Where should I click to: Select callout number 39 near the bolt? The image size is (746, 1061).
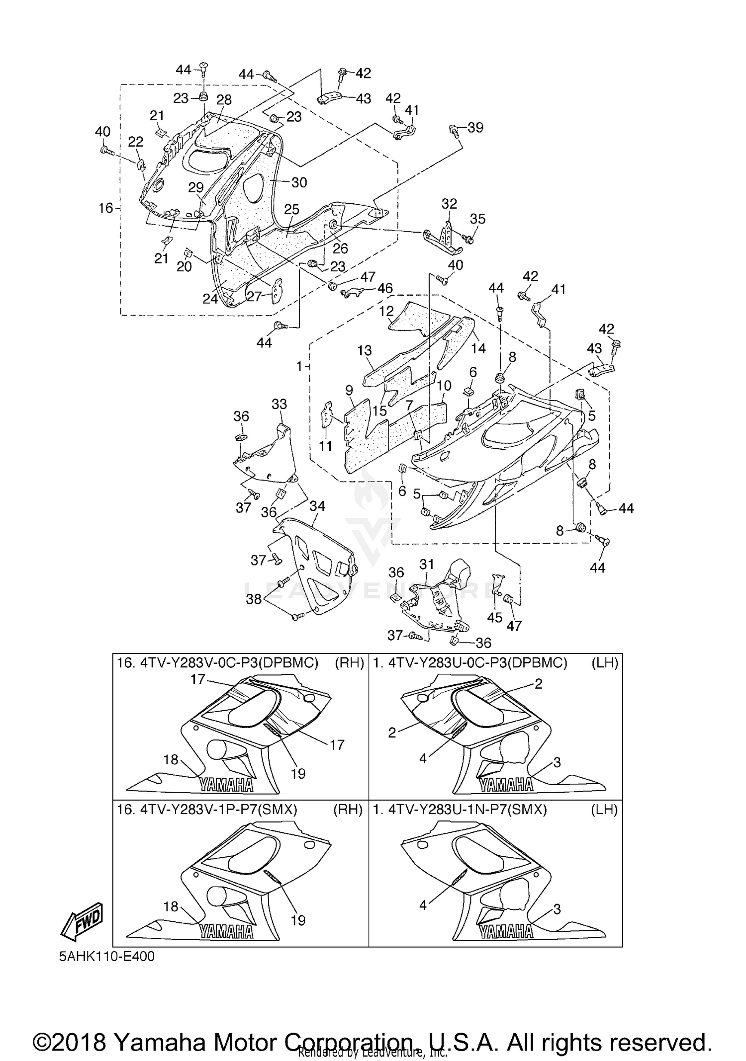point(475,128)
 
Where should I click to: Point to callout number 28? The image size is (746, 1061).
point(224,99)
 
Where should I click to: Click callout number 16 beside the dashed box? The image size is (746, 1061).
point(105,208)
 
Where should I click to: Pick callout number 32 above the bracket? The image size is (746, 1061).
point(449,204)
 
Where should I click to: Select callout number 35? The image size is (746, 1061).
point(477,219)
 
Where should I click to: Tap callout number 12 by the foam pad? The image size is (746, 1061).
point(386,311)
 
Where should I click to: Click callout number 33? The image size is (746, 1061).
point(279,404)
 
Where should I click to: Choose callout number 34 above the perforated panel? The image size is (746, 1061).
point(317,506)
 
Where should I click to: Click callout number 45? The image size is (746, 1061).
point(495,618)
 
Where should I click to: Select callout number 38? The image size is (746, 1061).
point(254,599)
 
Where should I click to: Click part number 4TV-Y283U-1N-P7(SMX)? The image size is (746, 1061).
point(467,810)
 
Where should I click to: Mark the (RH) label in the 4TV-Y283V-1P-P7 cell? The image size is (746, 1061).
point(348,810)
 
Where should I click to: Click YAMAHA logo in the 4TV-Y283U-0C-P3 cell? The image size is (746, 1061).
point(506,785)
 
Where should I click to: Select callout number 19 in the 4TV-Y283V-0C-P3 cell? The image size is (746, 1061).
point(298,774)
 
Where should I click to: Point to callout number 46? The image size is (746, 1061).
point(384,288)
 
